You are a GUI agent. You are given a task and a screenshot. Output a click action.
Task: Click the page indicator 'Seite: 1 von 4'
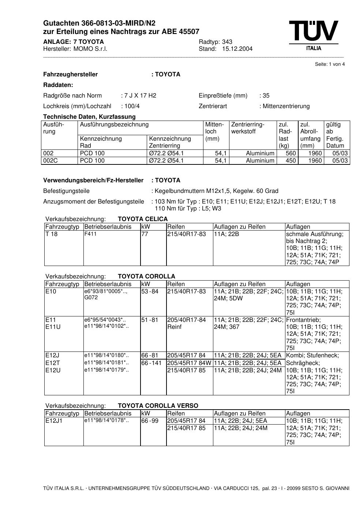(330, 64)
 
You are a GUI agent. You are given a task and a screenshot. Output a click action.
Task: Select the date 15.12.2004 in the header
(237, 49)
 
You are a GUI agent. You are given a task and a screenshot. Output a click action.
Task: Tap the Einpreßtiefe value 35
(266, 96)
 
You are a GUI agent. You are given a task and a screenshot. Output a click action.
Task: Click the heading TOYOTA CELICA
(143, 219)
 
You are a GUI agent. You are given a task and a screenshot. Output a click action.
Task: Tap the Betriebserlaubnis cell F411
(90, 234)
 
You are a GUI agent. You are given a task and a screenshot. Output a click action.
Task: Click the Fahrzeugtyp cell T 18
(52, 234)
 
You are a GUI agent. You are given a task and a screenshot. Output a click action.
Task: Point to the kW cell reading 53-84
(150, 292)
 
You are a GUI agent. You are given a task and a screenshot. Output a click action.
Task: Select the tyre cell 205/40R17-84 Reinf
(186, 323)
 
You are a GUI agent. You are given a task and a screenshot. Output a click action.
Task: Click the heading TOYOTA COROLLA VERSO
(158, 406)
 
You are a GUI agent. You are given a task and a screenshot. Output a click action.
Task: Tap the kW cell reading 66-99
(150, 421)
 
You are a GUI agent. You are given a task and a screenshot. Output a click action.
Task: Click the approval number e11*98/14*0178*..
(106, 421)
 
